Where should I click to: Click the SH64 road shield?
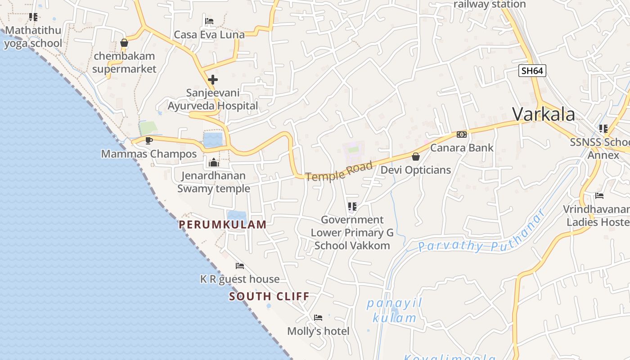532,71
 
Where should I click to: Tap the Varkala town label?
544,114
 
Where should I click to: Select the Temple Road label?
339,171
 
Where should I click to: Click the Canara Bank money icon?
462,135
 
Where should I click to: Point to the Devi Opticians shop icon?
416,157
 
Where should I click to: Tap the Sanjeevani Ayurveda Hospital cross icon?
213,80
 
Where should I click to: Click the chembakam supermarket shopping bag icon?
124,43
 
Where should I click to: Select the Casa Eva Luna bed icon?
209,21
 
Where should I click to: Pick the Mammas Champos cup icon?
149,141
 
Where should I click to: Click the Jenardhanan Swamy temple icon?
214,162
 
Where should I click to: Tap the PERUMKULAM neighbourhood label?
223,225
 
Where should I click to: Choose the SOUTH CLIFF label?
269,296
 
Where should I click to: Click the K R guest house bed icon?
240,266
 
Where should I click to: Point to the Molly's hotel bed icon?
318,318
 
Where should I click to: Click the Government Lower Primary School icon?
352,207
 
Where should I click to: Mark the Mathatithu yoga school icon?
33,17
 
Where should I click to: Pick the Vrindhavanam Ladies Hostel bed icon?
599,196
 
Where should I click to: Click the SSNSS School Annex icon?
603,129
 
